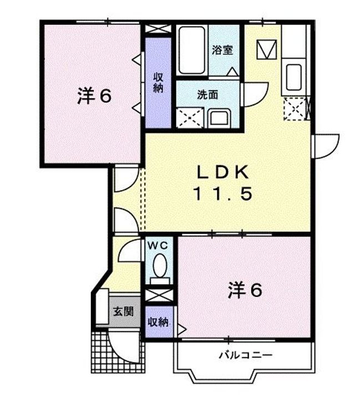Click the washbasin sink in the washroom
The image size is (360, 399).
tap(220, 117)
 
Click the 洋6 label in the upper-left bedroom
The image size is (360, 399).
tap(94, 96)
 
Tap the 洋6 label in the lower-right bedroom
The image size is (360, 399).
tap(244, 290)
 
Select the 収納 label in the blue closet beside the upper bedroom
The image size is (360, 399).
tap(159, 83)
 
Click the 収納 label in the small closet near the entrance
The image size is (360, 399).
tap(159, 321)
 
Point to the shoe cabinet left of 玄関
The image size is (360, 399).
tap(101, 308)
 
